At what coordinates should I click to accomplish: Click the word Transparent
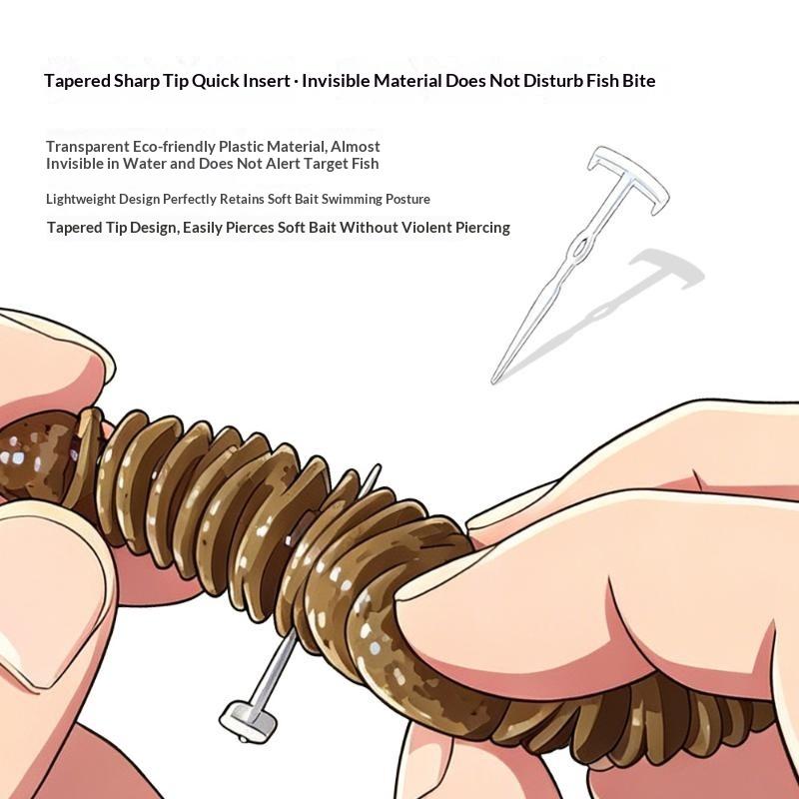tap(88, 147)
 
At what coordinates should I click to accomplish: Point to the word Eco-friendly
tap(174, 147)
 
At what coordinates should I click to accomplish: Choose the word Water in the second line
tap(142, 164)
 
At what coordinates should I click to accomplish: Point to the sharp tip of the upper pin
tap(493, 382)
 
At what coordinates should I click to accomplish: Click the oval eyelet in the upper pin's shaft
tap(580, 249)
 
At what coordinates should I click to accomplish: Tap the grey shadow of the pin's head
tap(667, 269)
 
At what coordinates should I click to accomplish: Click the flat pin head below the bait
tap(248, 721)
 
